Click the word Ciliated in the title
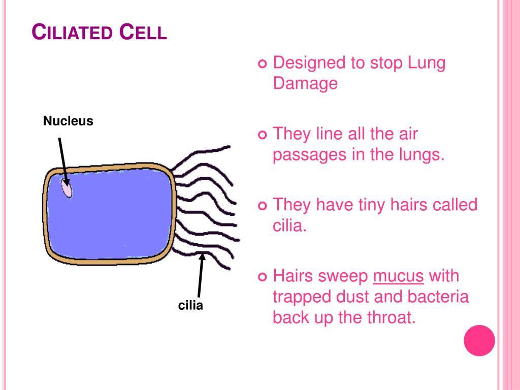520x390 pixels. click(72, 32)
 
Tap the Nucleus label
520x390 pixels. click(68, 121)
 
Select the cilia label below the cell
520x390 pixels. click(190, 305)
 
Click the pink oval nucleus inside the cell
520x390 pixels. click(67, 188)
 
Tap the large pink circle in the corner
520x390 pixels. click(479, 340)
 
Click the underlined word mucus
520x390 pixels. click(398, 276)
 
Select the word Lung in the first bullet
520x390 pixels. click(426, 63)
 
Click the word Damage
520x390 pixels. click(305, 83)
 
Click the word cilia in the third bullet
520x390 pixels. click(289, 225)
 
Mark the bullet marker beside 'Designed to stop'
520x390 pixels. click(262, 64)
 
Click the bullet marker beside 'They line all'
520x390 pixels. click(262, 135)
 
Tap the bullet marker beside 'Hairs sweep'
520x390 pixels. click(262, 277)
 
